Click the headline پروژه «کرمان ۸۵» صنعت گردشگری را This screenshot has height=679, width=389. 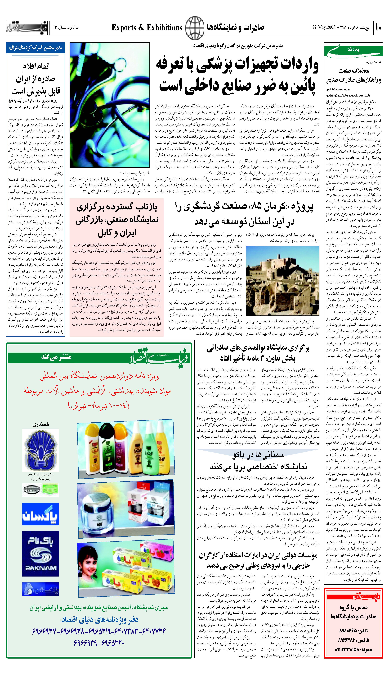[244, 206]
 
